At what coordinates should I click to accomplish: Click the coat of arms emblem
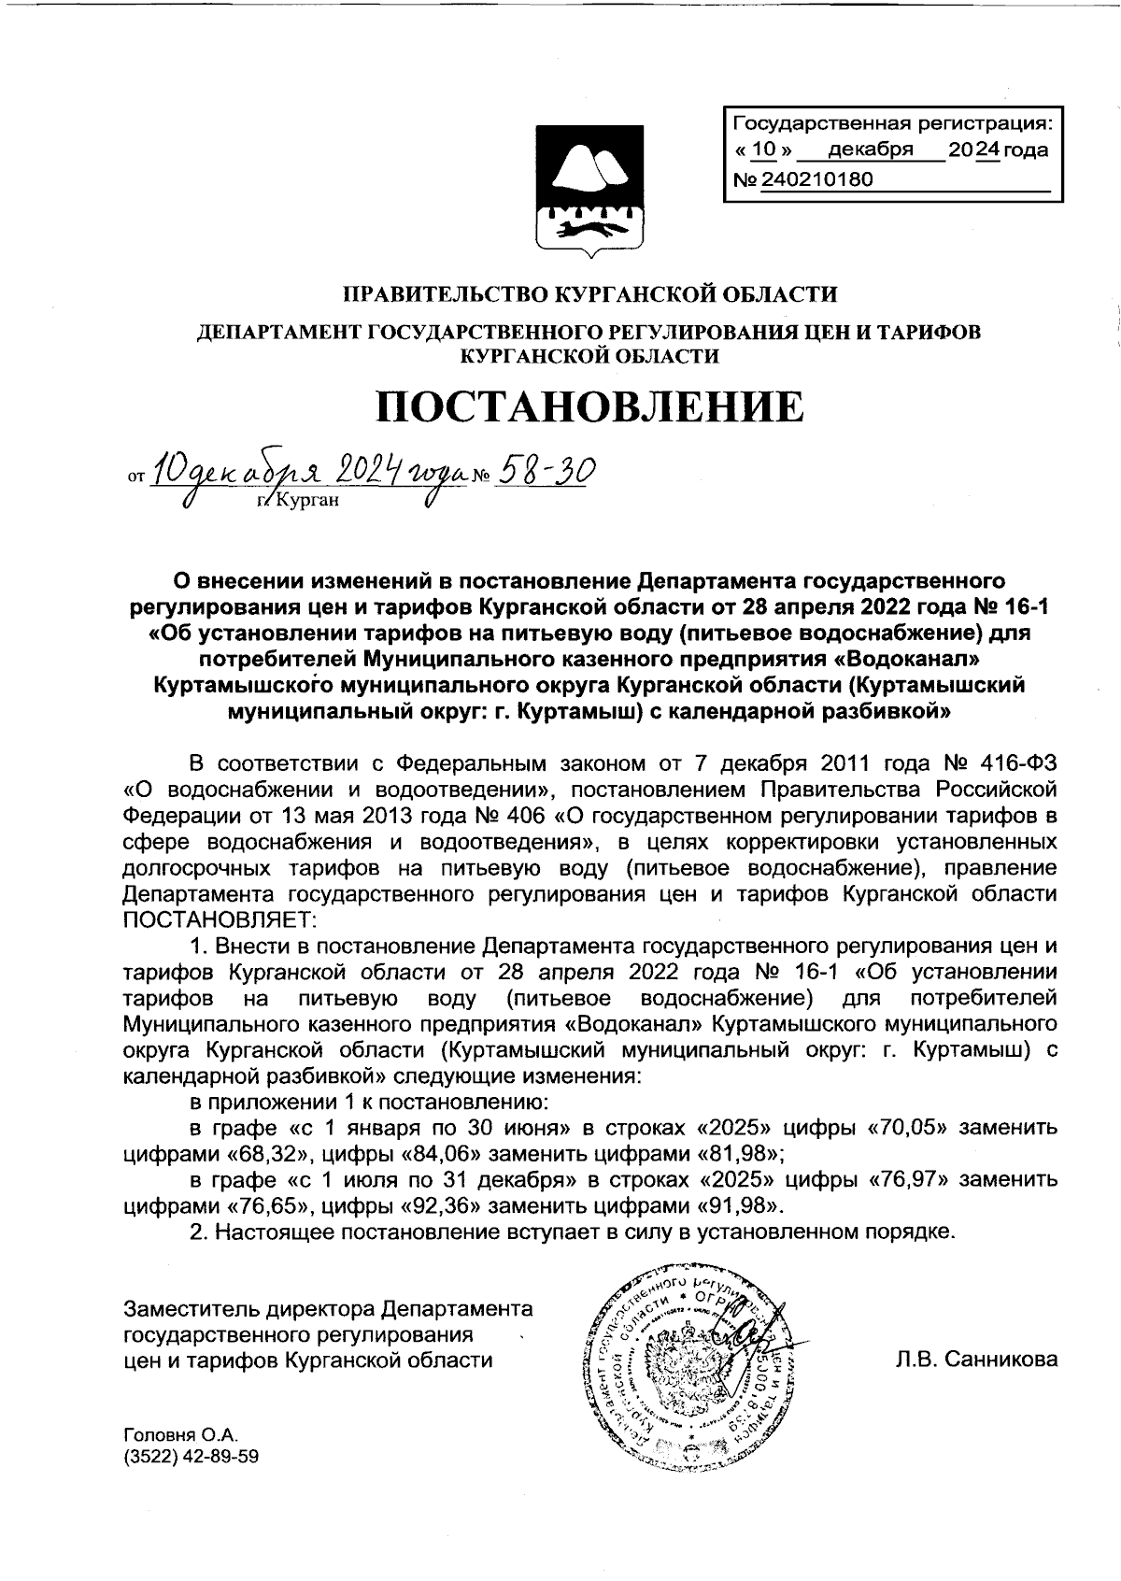click(587, 192)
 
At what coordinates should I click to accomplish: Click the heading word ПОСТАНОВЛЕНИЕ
click(589, 408)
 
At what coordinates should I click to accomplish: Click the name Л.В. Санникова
click(976, 1360)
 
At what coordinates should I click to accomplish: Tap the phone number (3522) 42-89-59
click(191, 1457)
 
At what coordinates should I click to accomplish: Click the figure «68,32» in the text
click(261, 1151)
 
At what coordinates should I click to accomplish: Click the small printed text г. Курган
click(295, 500)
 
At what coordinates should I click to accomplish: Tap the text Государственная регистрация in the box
click(892, 123)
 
